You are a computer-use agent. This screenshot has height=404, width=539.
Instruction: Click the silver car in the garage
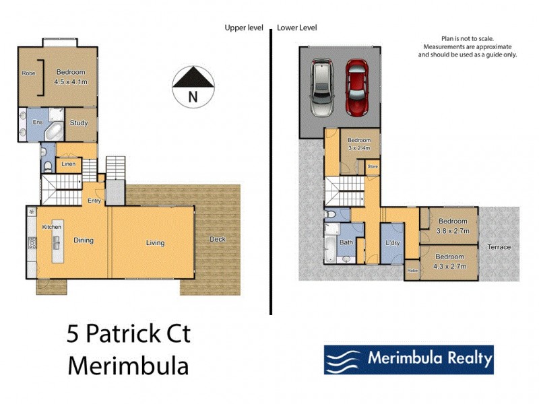(321, 88)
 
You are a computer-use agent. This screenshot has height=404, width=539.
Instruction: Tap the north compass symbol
(193, 86)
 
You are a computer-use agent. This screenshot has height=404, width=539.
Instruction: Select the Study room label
(79, 123)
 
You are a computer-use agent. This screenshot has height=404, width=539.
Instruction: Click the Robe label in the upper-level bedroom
(28, 73)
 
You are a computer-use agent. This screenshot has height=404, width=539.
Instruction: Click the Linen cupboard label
(68, 164)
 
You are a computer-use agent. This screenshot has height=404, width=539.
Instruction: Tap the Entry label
(94, 201)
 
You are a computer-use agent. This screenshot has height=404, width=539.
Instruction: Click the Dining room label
(84, 240)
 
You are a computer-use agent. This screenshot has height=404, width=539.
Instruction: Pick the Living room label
(155, 242)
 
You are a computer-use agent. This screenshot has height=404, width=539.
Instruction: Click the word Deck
(218, 239)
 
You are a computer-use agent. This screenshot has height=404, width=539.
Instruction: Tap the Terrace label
(500, 247)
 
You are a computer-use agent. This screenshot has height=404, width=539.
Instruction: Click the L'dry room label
(393, 242)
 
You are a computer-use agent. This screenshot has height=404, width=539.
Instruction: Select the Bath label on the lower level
(346, 242)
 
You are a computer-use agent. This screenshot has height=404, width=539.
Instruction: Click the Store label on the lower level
(372, 165)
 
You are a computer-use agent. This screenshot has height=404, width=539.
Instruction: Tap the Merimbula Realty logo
(408, 359)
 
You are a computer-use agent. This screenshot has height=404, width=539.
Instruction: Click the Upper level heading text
(245, 28)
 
